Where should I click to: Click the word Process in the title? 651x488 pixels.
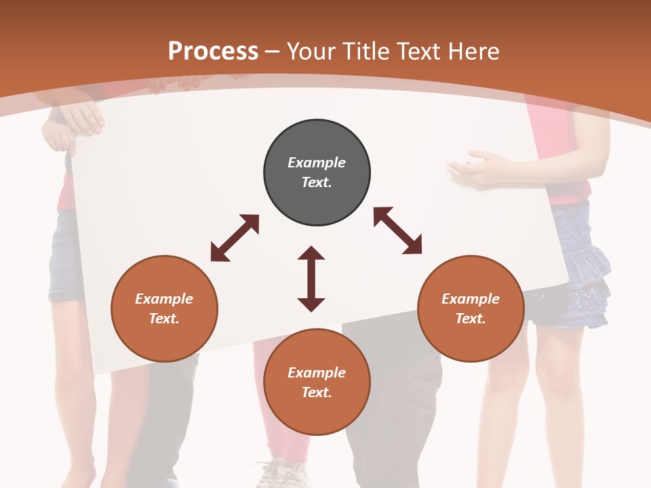pos(213,52)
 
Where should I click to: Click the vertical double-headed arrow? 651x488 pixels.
pos(311,279)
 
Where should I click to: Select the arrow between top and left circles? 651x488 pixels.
pos(235,238)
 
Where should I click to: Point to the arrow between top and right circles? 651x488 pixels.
pos(397,230)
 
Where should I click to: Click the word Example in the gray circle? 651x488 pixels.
pos(317,163)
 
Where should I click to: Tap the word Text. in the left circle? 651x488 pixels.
pos(164,319)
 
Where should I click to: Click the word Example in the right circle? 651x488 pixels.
pos(471,299)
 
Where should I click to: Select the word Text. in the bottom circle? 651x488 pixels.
pos(317,392)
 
